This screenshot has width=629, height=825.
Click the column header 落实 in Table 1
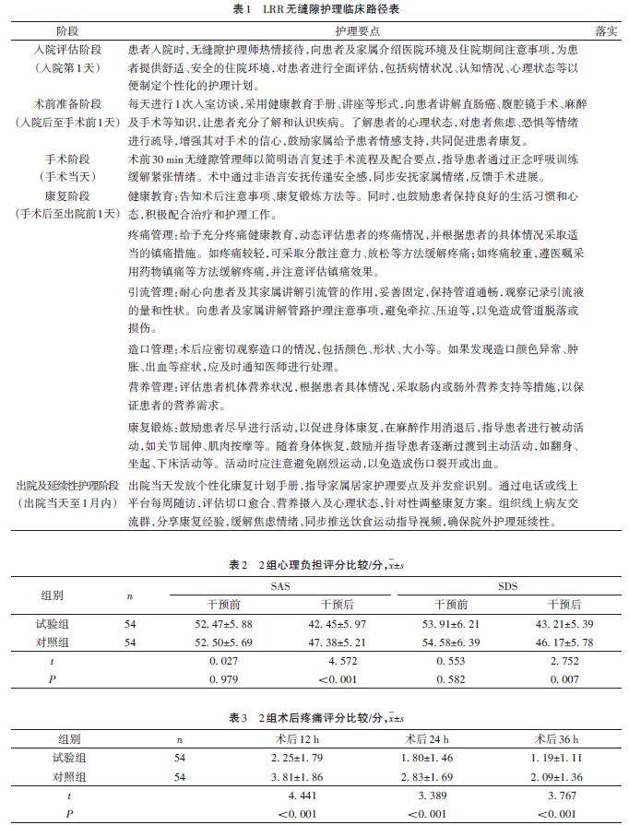point(605,29)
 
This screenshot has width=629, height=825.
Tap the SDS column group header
point(510,585)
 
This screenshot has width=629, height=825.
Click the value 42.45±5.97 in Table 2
point(336,625)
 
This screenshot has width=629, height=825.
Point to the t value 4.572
point(336,661)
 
